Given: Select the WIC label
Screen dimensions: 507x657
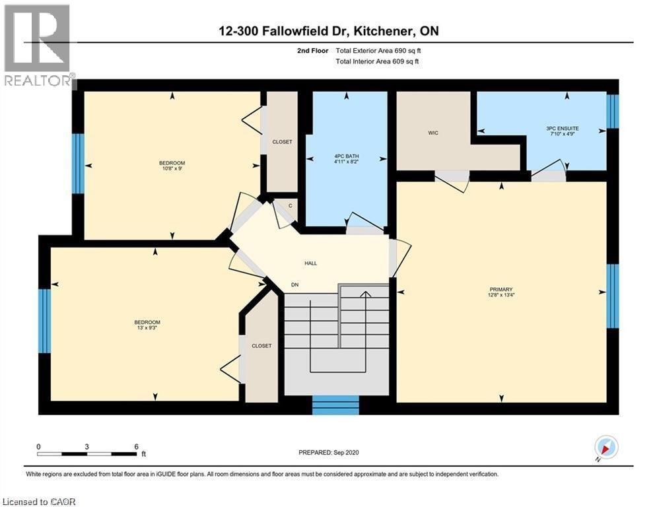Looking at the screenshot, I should (x=432, y=133).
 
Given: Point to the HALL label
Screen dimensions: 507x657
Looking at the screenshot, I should (x=310, y=263).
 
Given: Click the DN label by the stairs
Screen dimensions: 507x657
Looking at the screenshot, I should (x=295, y=285).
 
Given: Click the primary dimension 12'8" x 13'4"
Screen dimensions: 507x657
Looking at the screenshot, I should (x=501, y=295).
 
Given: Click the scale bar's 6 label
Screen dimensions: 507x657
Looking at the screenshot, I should (x=136, y=446).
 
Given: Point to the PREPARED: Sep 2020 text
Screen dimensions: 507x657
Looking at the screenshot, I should (x=328, y=452).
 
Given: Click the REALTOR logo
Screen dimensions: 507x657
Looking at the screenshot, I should (x=38, y=46).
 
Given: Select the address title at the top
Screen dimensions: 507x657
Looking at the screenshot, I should (x=328, y=31).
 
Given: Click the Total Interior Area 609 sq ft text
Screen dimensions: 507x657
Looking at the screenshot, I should (x=377, y=61).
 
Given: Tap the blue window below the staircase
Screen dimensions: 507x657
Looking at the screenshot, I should (x=335, y=405).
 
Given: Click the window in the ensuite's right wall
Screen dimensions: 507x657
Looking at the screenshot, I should (x=613, y=111).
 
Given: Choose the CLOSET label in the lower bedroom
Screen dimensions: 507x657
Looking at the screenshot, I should (x=261, y=345).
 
